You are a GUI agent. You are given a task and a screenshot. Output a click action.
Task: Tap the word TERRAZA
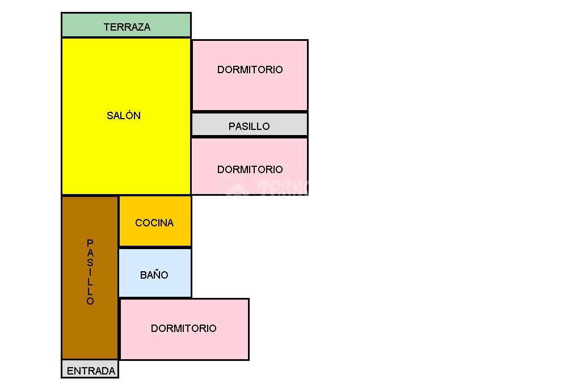(x=127, y=27)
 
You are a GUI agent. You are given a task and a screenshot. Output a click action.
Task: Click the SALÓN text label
(x=124, y=116)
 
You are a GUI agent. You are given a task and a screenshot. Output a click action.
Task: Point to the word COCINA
(x=154, y=223)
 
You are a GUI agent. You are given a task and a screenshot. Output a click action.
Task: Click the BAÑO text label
(x=154, y=275)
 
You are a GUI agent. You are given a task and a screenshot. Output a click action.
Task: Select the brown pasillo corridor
(x=90, y=329)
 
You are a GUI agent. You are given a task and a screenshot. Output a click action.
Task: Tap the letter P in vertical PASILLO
(x=90, y=243)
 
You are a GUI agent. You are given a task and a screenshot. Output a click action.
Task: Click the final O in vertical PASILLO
(x=90, y=301)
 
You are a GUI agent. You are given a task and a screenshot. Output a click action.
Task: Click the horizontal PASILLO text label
(x=249, y=127)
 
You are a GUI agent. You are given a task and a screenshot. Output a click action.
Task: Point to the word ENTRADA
(x=91, y=371)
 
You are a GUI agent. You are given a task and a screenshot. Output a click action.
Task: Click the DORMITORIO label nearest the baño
(x=184, y=329)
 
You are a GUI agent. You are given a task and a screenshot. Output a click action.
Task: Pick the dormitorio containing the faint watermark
(x=250, y=153)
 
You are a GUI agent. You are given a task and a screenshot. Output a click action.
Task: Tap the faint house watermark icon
(x=236, y=187)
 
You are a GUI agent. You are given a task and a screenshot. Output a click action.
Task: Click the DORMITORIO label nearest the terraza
(x=250, y=70)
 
